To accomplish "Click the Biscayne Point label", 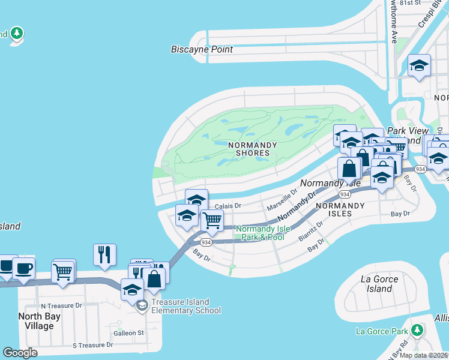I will pos(202,49).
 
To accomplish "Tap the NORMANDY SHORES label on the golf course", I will pos(253,149).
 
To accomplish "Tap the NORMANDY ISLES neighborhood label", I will pos(340,209).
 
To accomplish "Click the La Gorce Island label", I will pos(376,284).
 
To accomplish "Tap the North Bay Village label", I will pos(36,322).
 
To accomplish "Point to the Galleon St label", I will pos(130,333).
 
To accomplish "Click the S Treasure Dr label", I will pos(92,345).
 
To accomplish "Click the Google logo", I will pos(20,353).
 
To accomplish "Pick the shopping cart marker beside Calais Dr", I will pos(212,220).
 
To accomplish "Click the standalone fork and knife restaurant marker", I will pos(104,254).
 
